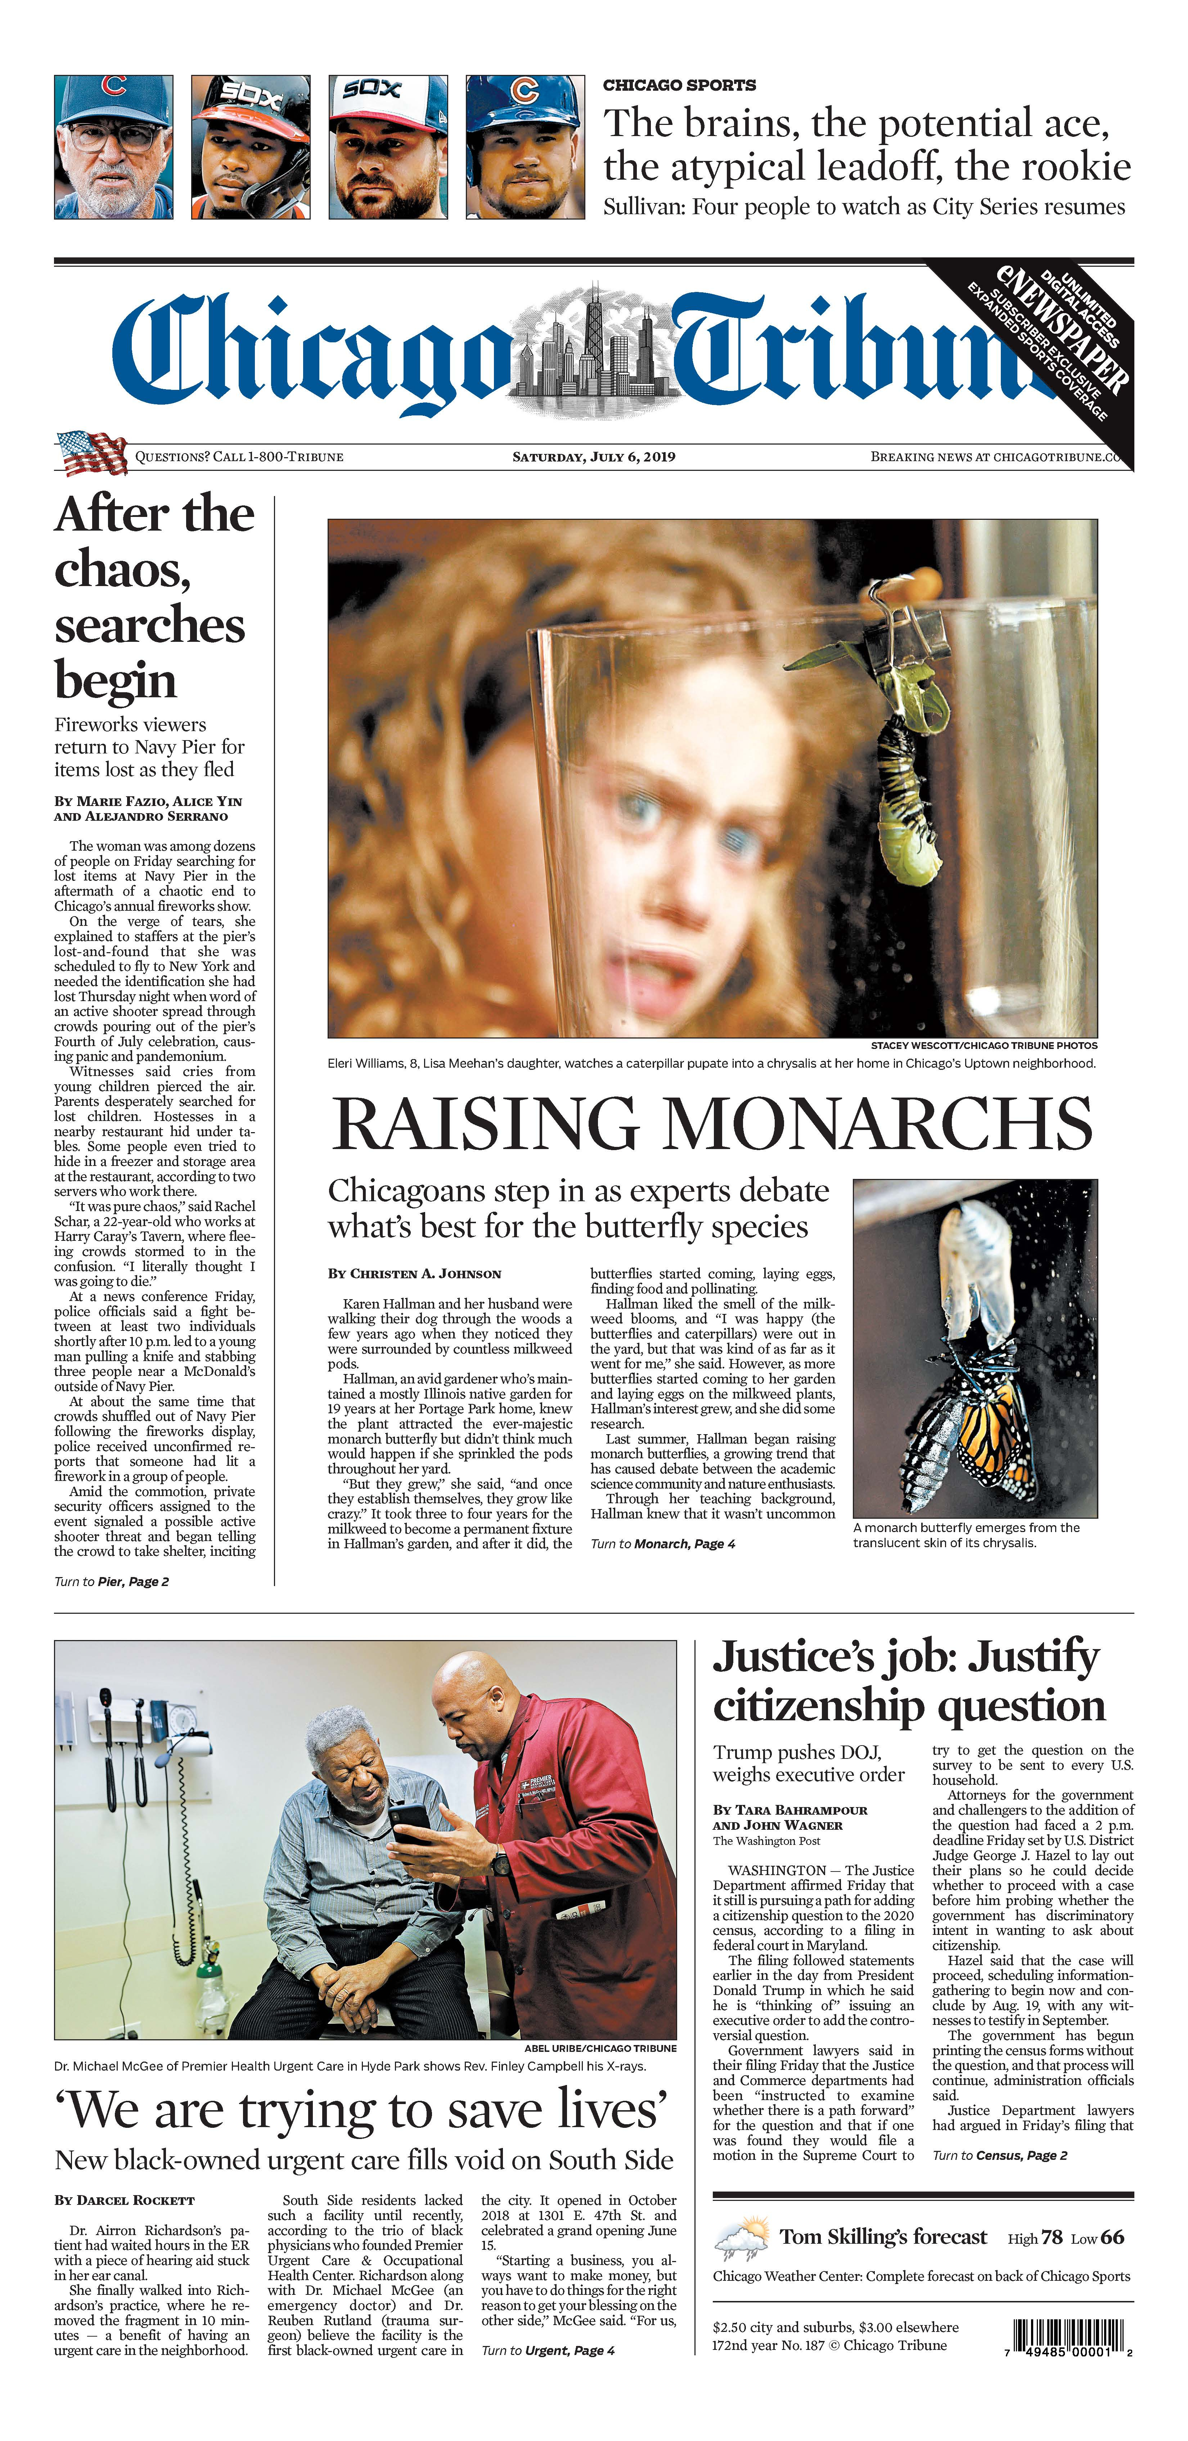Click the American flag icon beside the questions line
92,453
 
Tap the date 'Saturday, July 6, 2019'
594,457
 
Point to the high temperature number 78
1052,2237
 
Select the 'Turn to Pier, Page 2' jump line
112,1581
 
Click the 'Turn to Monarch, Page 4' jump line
662,1544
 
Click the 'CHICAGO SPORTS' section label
679,85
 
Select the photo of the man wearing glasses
114,148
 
